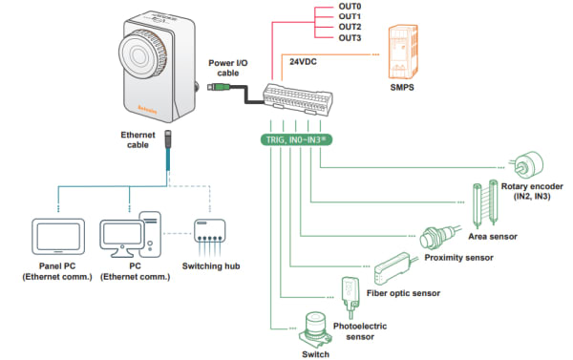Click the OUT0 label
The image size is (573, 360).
(x=350, y=7)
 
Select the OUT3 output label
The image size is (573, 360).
(x=350, y=37)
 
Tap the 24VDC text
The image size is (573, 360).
(x=303, y=62)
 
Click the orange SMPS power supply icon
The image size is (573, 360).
(x=403, y=52)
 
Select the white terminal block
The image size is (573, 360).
(x=297, y=99)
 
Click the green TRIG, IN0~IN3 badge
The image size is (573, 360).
(x=296, y=139)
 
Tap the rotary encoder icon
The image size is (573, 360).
(x=528, y=165)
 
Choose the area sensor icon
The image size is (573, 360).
(x=485, y=203)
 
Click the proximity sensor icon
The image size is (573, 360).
(x=439, y=238)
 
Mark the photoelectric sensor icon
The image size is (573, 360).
(x=350, y=296)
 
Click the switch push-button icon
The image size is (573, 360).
(x=315, y=329)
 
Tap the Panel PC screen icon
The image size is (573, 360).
(x=58, y=237)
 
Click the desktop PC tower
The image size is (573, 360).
(x=150, y=234)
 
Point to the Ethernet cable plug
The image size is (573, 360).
(x=168, y=138)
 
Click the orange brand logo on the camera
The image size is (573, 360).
(x=147, y=109)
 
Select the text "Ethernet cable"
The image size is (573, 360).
(x=138, y=139)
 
